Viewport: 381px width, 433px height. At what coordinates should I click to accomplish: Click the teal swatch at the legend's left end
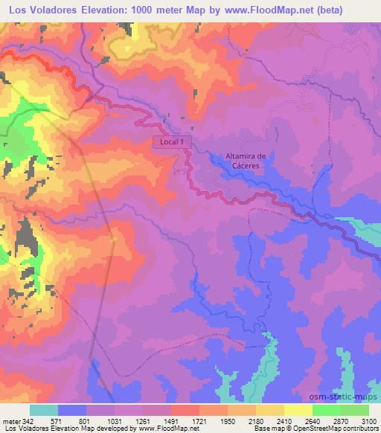(44, 409)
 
